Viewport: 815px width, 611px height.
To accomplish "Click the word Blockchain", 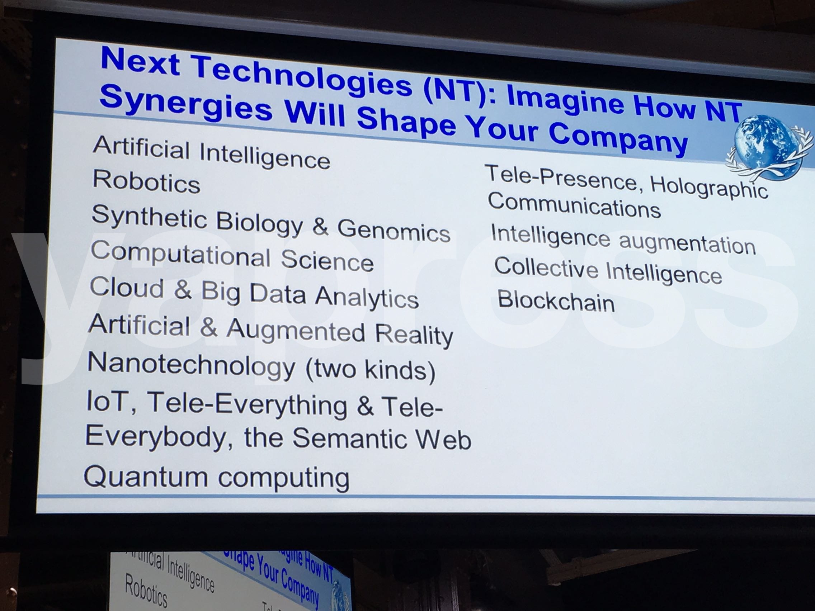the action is pyautogui.click(x=556, y=300).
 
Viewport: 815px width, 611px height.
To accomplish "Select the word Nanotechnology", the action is pyautogui.click(x=191, y=364).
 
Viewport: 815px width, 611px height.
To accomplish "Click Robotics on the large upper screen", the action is pyautogui.click(x=146, y=181).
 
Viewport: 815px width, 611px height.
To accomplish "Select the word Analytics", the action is pyautogui.click(x=367, y=297).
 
